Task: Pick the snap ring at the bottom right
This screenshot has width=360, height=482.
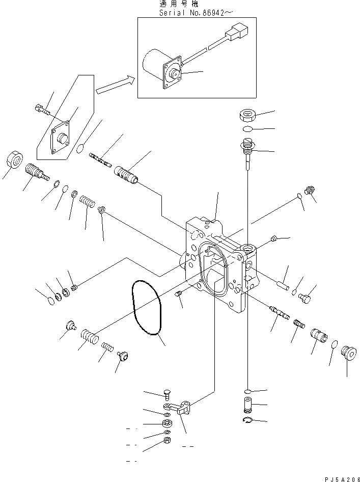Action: (x=246, y=419)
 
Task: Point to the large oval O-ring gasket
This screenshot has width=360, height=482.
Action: (x=147, y=309)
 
